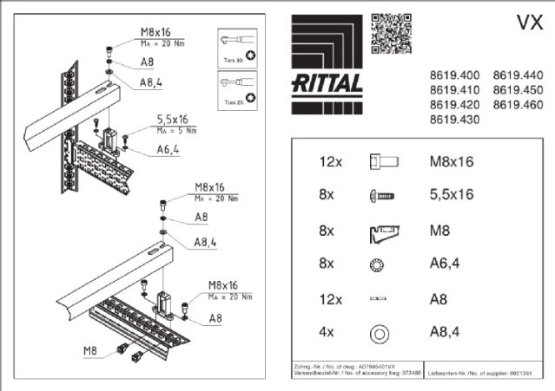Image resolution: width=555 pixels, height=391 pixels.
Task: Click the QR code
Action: coord(387,32)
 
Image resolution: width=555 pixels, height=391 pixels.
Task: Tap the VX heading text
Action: coord(529,23)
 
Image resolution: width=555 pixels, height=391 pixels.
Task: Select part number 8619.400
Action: coord(455,75)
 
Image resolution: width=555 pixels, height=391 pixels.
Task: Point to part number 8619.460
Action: coord(518,105)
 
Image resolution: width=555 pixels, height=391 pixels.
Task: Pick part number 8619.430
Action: coord(455,120)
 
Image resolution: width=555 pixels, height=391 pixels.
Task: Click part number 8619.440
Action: coord(518,75)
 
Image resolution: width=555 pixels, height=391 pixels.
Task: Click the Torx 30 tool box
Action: coord(239,48)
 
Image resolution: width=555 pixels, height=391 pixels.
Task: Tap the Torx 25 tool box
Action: coord(239,91)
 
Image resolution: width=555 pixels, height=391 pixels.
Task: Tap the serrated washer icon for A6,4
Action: coord(378,264)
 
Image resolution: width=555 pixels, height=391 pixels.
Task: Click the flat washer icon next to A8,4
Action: coord(379,332)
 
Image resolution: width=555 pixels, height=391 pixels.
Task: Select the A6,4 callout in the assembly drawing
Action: coord(168,148)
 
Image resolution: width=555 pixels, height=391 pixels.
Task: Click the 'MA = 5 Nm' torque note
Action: coord(174,132)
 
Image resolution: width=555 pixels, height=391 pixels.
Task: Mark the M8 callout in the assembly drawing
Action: coord(89,350)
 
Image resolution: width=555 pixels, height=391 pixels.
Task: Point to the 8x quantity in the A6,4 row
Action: coord(327,264)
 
